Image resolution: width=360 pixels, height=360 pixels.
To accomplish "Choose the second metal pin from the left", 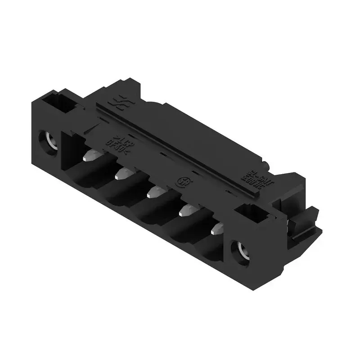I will coord(122,174).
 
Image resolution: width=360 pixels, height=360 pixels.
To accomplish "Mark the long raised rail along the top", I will coord(180,144).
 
